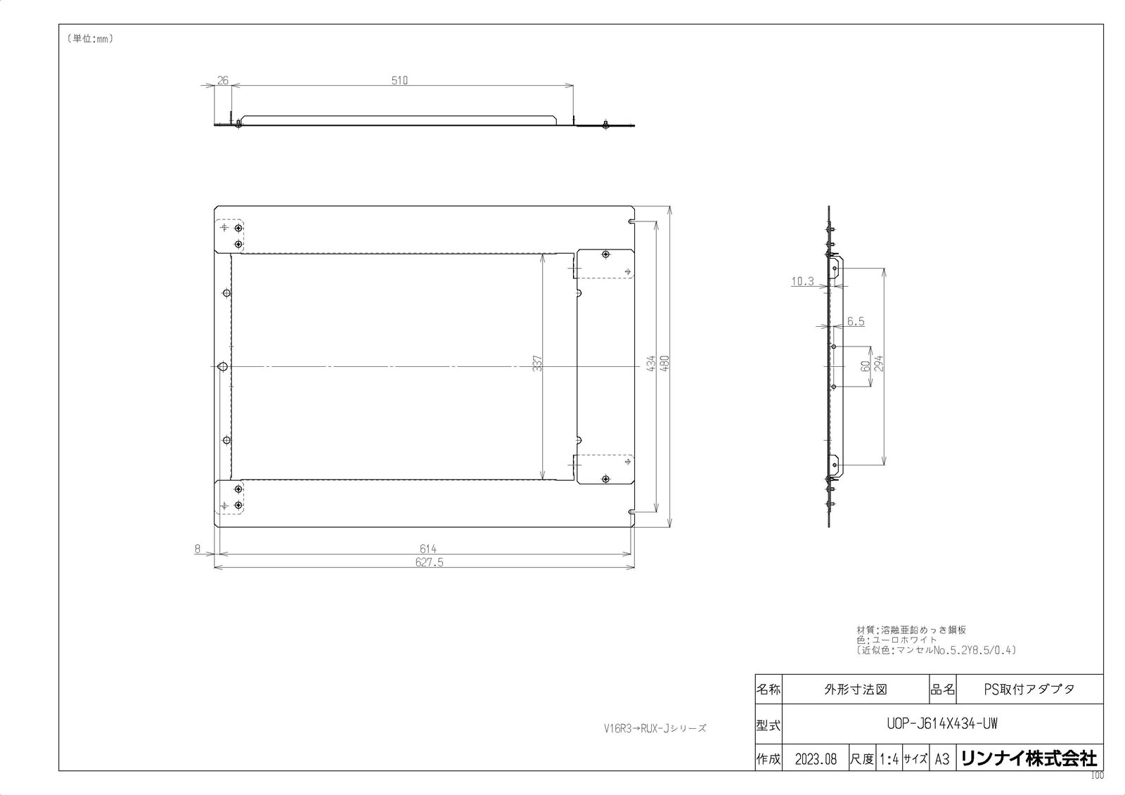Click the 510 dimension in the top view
399,80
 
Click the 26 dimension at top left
223,80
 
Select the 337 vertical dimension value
538,363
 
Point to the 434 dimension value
651,363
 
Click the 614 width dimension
428,549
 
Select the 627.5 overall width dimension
428,562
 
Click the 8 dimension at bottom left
198,549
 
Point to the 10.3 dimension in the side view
802,282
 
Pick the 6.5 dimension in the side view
856,322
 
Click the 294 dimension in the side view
878,363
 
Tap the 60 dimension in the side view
866,366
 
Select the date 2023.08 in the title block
816,760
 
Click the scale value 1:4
889,760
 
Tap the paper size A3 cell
942,760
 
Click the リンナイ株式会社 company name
1028,759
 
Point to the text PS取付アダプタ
1029,690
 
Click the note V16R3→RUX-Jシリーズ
655,729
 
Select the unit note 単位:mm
91,39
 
